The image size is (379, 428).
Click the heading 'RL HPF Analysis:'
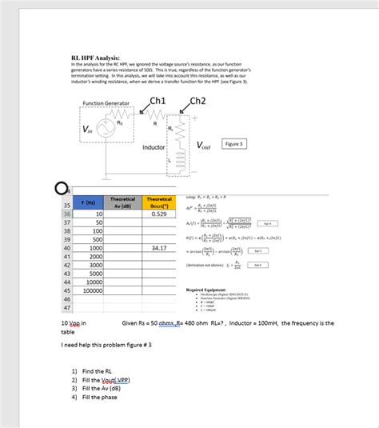95,58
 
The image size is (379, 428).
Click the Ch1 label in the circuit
158,100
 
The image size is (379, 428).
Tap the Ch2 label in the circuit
197,100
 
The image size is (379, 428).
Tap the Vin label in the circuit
86,130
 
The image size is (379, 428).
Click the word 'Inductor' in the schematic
154,148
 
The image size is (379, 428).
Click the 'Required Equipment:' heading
213,290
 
